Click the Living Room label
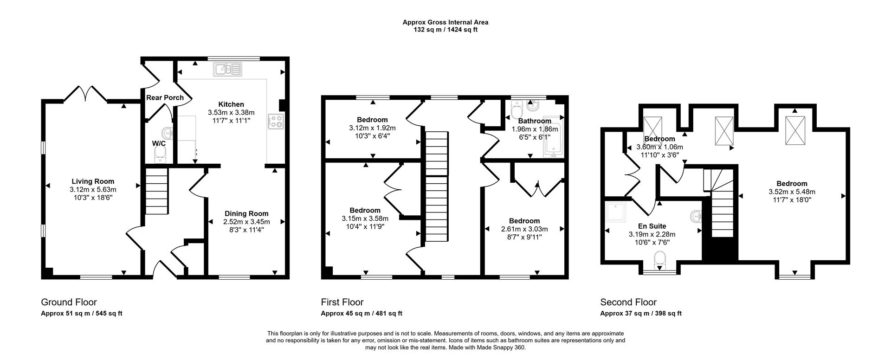click(93, 181)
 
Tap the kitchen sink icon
click(227, 70)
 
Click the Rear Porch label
click(165, 97)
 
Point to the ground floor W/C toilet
click(160, 155)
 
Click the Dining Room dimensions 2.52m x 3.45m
click(246, 221)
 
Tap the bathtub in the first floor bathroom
click(553, 139)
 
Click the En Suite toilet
click(659, 260)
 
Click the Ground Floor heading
click(69, 302)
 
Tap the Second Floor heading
click(628, 302)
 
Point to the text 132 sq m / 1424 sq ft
click(445, 30)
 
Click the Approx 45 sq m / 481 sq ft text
click(362, 314)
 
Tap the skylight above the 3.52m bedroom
click(794, 130)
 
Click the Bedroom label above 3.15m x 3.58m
click(365, 210)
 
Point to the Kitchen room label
click(231, 104)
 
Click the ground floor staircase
click(156, 191)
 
